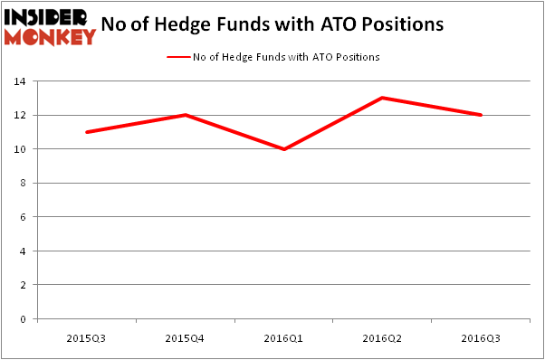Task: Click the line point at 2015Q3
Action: tap(86, 132)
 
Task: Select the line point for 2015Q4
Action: tap(185, 115)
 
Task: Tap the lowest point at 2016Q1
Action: tap(283, 149)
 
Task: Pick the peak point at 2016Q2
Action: tap(382, 98)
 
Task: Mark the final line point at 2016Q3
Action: tap(481, 115)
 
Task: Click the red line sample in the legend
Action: tap(177, 57)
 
